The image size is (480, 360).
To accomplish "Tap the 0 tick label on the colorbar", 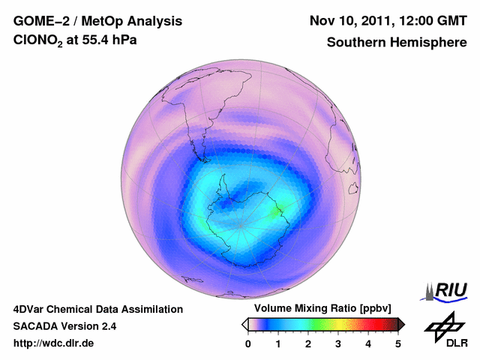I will tap(248, 343).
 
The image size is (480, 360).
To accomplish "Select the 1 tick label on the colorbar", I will tap(278, 343).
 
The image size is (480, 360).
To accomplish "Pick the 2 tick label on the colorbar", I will tap(308, 343).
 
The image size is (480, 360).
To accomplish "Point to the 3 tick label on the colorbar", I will tap(338, 343).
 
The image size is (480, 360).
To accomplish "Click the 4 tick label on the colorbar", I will tap(368, 343).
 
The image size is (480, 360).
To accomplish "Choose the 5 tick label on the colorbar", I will tap(398, 343).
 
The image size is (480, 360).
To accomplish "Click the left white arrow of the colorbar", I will tap(244, 324).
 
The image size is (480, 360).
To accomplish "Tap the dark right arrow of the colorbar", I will tap(402, 324).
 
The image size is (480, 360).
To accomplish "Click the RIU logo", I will tap(447, 291).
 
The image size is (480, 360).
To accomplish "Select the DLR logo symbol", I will tap(442, 326).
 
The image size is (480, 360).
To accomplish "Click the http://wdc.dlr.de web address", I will tap(54, 343).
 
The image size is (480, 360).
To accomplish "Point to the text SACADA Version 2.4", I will tap(64, 326).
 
